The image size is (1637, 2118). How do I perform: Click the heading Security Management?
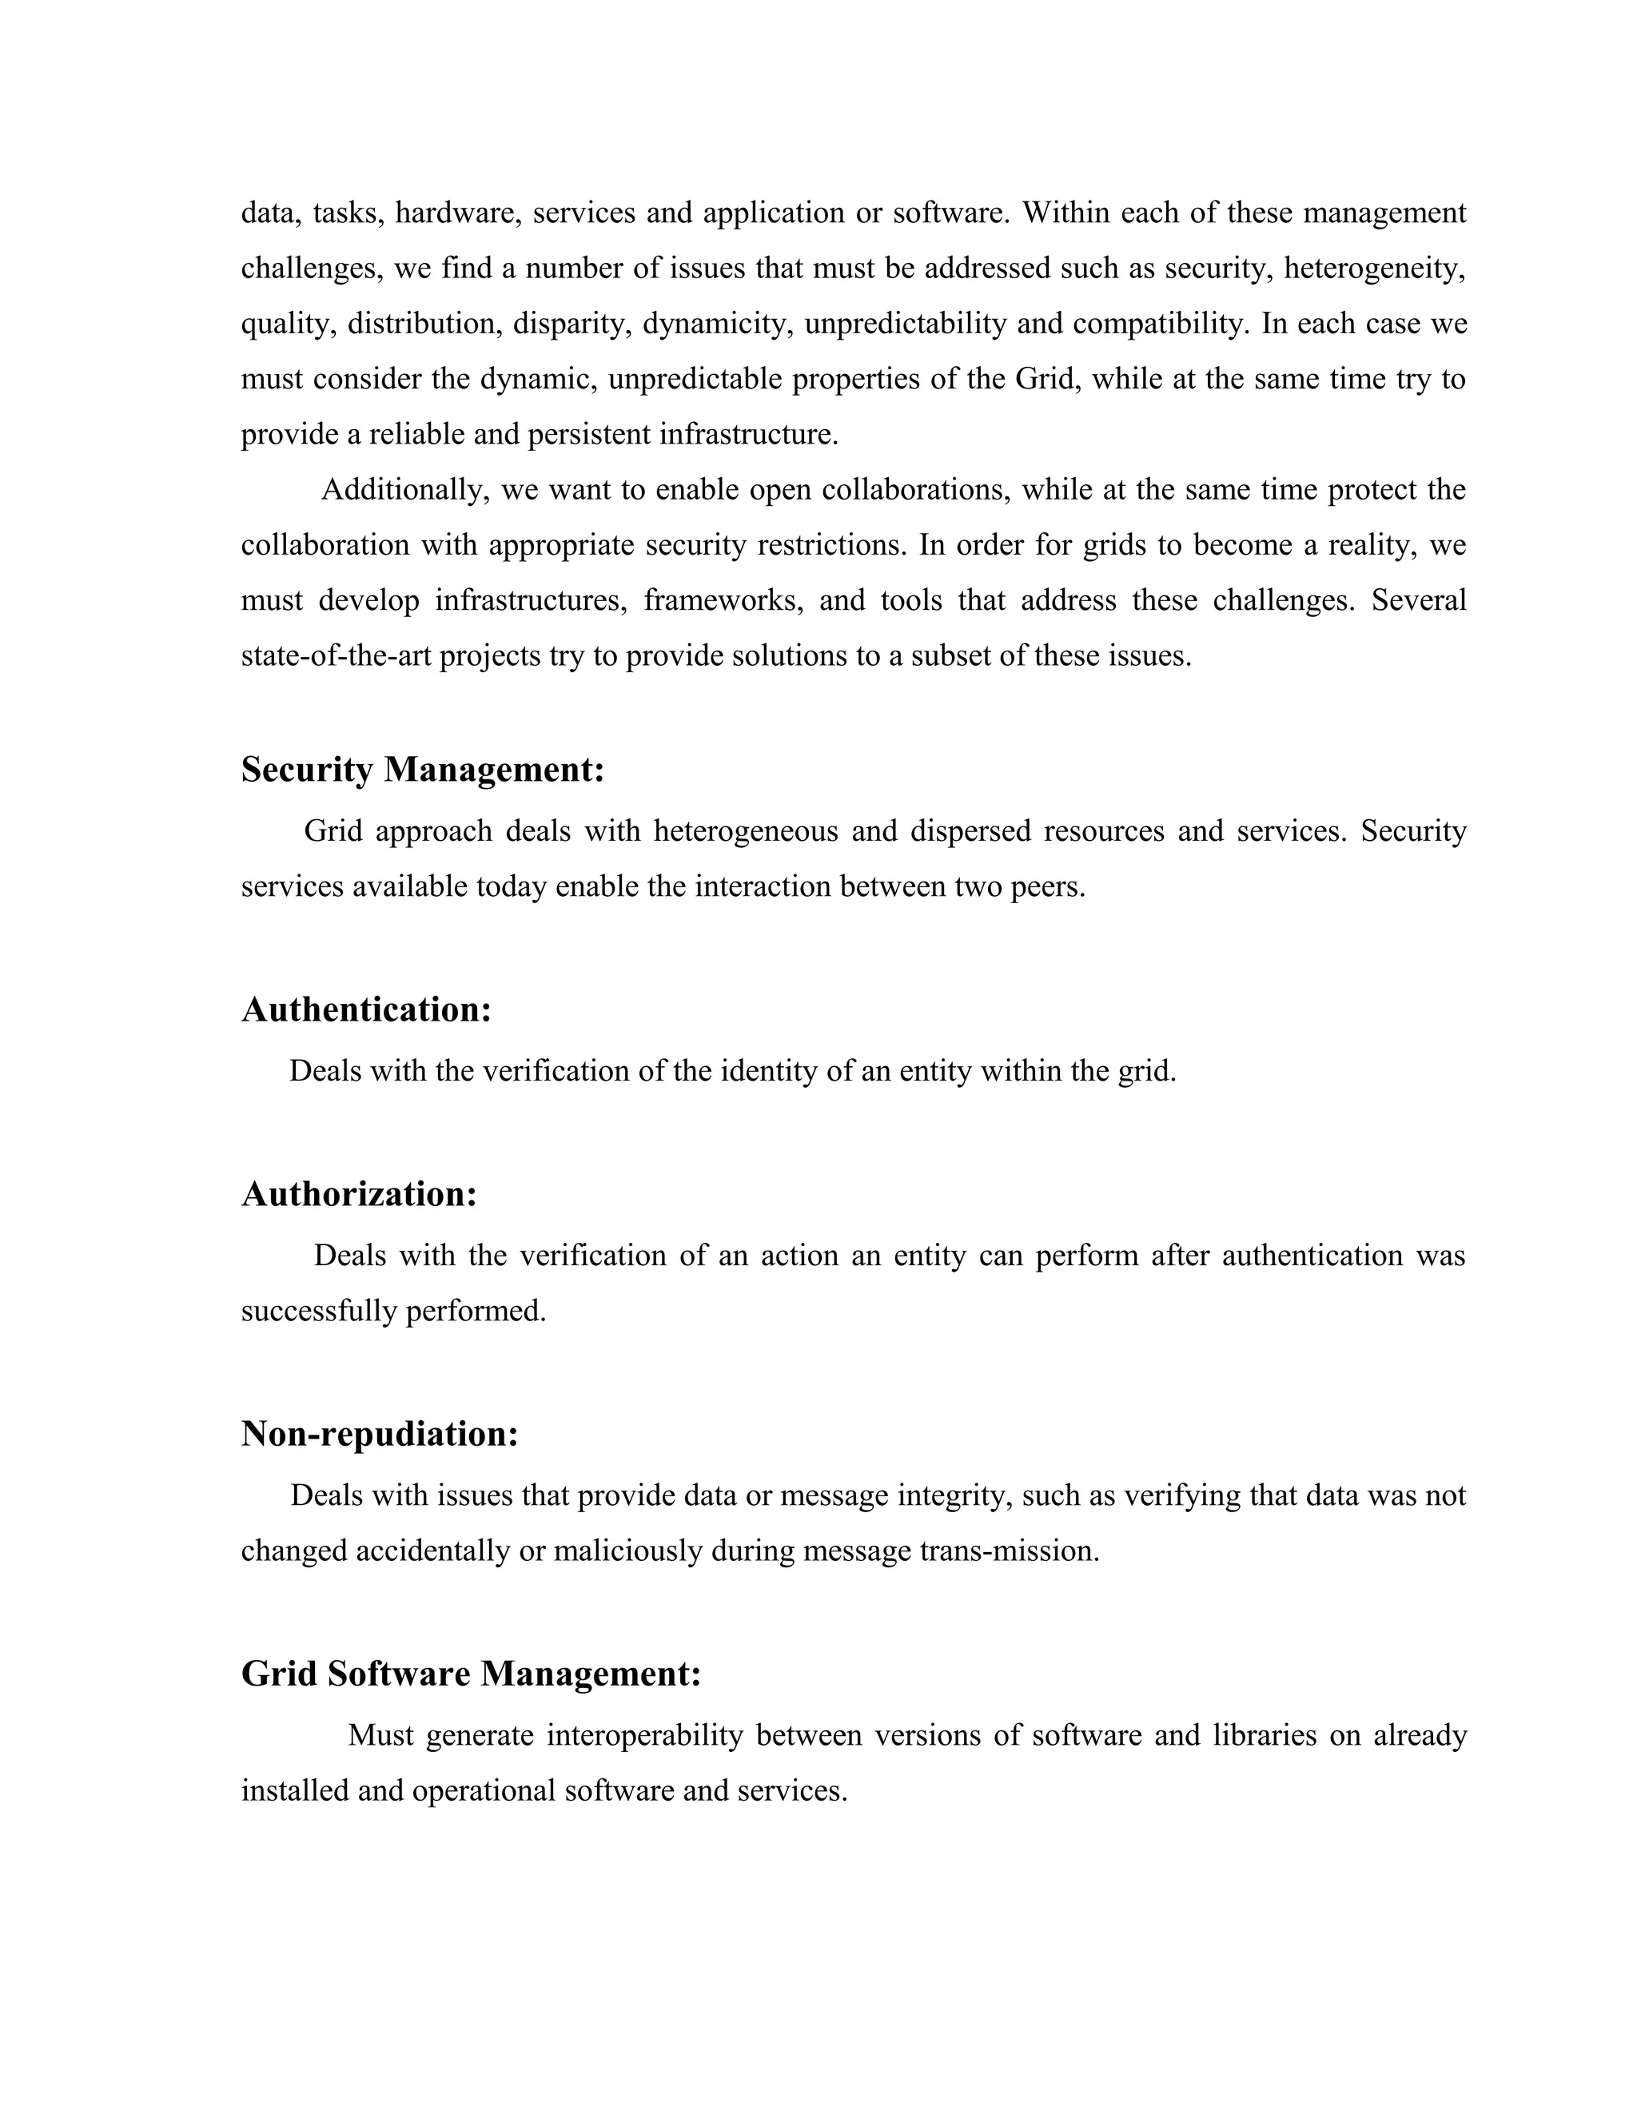pos(423,770)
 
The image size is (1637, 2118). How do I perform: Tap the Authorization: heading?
pos(359,1194)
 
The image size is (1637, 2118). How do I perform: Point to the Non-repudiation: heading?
pos(379,1433)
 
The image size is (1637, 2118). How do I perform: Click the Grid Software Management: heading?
pos(470,1673)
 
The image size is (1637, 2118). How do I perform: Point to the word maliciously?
pos(628,1551)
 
